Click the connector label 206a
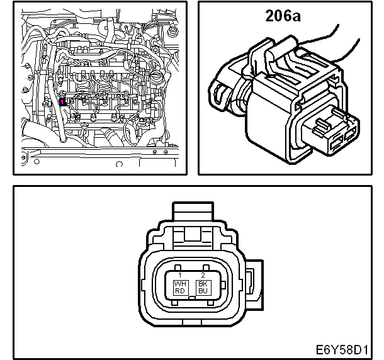[x=283, y=16]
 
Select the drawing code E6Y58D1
[x=342, y=350]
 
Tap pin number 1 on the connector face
[x=180, y=275]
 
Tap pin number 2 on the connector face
[x=203, y=275]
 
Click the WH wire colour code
[x=180, y=284]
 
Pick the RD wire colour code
[x=180, y=291]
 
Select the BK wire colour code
[x=203, y=284]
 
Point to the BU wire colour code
[x=203, y=291]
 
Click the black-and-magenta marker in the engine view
[x=63, y=101]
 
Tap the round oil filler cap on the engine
[x=155, y=78]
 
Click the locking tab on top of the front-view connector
[x=193, y=211]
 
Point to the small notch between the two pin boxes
[x=192, y=298]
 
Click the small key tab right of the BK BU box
[x=223, y=285]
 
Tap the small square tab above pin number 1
[x=178, y=267]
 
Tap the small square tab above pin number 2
[x=206, y=267]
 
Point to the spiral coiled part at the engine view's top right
[x=173, y=31]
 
